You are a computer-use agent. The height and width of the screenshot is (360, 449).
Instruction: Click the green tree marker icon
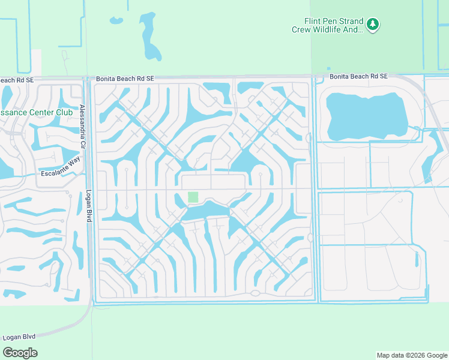[x=373, y=25]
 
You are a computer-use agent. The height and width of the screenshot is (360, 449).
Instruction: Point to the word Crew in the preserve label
[x=301, y=29]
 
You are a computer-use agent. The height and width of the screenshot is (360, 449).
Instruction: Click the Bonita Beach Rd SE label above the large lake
[x=358, y=76]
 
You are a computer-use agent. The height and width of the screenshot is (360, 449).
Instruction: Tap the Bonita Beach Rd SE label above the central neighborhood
[x=125, y=79]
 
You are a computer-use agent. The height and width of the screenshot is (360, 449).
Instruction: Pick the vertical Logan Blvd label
[x=88, y=207]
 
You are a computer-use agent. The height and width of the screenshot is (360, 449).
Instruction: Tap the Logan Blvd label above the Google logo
[x=20, y=337]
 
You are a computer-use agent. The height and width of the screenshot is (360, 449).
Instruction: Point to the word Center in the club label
[x=35, y=112]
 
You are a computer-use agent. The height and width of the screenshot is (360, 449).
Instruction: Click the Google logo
[x=20, y=352]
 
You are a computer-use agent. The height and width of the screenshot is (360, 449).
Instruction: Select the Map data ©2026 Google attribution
[x=412, y=355]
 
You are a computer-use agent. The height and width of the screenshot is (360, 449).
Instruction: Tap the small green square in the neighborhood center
[x=193, y=197]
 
